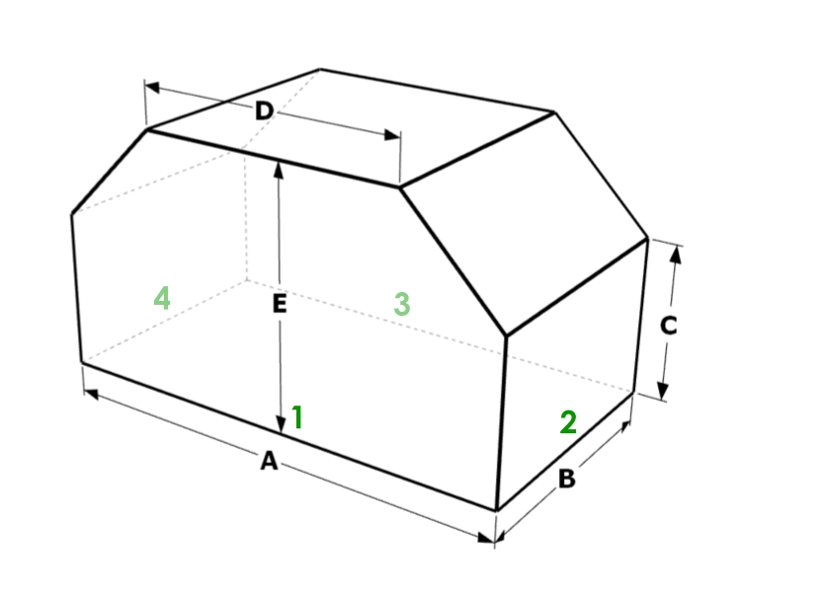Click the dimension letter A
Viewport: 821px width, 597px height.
click(269, 461)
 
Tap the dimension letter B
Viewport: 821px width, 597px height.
click(567, 479)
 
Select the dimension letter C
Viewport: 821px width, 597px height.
click(669, 326)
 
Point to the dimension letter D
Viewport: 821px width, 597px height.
click(265, 111)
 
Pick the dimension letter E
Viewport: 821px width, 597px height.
click(280, 304)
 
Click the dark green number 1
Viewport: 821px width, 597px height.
click(297, 417)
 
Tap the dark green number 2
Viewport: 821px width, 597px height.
click(568, 422)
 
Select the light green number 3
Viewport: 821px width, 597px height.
click(401, 304)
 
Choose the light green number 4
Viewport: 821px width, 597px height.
click(162, 298)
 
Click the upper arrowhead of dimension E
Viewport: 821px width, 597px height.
click(279, 171)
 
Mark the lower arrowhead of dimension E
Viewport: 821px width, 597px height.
click(281, 425)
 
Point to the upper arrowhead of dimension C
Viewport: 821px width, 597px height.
click(676, 255)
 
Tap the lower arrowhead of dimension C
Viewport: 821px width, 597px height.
click(663, 391)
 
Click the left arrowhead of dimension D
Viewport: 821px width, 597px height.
click(152, 87)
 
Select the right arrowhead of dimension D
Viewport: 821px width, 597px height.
click(391, 135)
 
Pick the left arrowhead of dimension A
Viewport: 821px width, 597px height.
click(91, 394)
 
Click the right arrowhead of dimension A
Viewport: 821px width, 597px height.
click(486, 538)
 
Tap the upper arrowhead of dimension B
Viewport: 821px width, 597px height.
click(625, 425)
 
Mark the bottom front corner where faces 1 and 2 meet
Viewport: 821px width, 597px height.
click(496, 510)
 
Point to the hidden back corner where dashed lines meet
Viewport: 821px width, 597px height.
click(247, 280)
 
